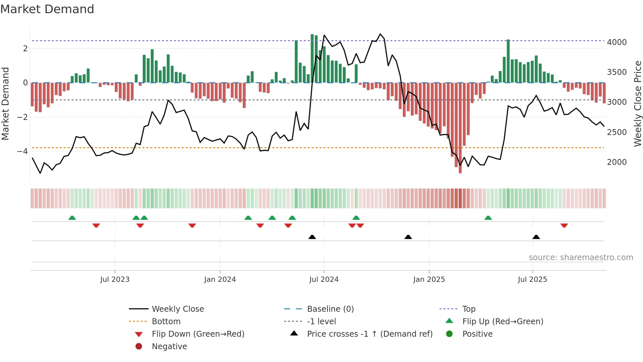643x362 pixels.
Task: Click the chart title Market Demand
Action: (x=47, y=9)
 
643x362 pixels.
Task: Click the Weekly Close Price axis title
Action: (x=637, y=103)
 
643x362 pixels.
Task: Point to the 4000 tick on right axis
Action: (x=616, y=42)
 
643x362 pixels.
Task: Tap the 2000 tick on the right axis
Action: (x=616, y=162)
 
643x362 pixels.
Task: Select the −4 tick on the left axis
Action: (x=22, y=151)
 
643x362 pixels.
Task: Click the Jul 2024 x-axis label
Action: (x=324, y=280)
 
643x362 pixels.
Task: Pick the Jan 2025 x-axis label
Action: (x=429, y=280)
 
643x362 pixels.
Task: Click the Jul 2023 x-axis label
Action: (x=115, y=280)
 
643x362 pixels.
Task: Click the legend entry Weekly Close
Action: (x=177, y=309)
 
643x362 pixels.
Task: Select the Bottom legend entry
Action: (x=166, y=322)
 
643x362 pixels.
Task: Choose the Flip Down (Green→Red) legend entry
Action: (x=198, y=334)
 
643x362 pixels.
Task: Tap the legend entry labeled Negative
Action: (x=169, y=347)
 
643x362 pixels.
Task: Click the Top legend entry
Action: (x=468, y=309)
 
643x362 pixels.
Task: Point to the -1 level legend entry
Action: (x=321, y=322)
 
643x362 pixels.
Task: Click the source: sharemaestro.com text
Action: (x=581, y=258)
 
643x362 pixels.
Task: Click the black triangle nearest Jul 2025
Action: (x=536, y=237)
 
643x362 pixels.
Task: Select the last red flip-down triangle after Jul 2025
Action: (x=564, y=225)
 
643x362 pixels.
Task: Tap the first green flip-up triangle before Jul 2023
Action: (x=72, y=218)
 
